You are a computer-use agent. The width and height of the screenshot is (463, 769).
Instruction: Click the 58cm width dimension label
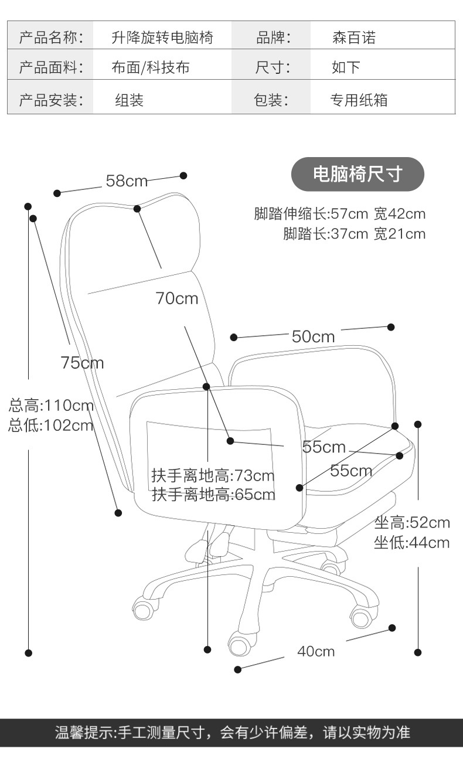coord(127,181)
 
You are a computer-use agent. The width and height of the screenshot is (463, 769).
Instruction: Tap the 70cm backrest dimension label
coord(177,298)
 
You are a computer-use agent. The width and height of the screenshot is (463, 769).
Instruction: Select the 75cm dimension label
coord(82,363)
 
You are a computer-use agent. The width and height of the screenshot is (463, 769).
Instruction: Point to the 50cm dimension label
coord(313,336)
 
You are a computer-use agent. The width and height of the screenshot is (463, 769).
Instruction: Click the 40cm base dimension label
coord(316,651)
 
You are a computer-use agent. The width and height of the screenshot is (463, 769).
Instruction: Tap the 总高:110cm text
coord(51,406)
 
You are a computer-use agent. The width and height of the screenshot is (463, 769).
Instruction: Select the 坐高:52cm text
coord(412,522)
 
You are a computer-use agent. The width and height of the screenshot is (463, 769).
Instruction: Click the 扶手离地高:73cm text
coord(213,476)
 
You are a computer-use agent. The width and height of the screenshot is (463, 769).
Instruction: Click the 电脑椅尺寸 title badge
coord(358,174)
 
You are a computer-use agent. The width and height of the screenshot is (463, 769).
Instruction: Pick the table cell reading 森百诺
coord(354,38)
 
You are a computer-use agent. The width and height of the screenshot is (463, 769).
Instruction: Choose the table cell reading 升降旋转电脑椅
coord(162,38)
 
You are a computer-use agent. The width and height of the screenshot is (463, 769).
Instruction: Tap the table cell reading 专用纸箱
coord(359,100)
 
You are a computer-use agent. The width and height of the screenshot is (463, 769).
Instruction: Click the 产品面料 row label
coord(51,67)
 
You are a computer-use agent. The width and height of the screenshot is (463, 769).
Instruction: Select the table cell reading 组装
coord(129,100)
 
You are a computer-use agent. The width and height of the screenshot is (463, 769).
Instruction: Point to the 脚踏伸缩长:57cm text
coord(311,214)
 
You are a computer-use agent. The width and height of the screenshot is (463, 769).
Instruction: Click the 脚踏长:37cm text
coord(325,234)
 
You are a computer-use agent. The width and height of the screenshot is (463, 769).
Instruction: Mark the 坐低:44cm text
coord(412,543)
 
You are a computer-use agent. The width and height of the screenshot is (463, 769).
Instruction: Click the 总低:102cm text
coord(51,426)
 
